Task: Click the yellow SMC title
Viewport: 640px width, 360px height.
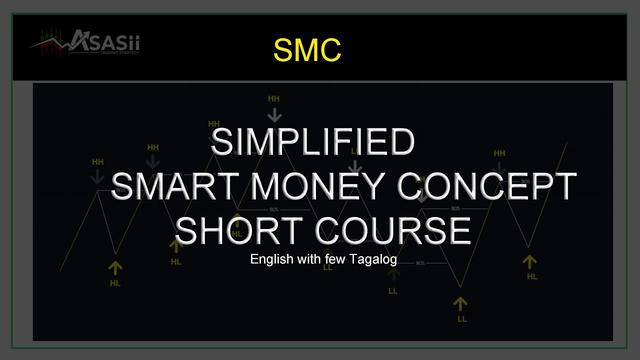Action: click(307, 50)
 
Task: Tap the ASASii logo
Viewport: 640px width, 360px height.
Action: click(85, 43)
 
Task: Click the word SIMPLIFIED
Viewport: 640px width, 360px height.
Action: click(312, 142)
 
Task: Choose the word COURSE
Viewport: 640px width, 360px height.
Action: click(393, 230)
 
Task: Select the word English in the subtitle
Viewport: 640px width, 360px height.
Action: click(271, 259)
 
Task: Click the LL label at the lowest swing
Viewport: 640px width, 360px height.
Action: click(461, 318)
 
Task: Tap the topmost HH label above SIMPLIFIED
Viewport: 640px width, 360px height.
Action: click(273, 99)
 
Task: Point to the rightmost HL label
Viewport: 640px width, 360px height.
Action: click(532, 276)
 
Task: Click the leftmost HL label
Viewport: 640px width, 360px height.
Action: click(115, 283)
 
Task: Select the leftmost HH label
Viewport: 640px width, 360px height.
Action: click(97, 162)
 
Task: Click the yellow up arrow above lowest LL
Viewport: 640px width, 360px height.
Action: click(460, 302)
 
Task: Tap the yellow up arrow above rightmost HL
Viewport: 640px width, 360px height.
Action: click(529, 261)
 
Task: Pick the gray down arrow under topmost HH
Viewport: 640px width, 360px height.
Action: click(274, 114)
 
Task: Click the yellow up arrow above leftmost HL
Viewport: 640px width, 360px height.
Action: click(115, 268)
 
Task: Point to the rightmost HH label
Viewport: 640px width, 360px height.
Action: click(499, 153)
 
